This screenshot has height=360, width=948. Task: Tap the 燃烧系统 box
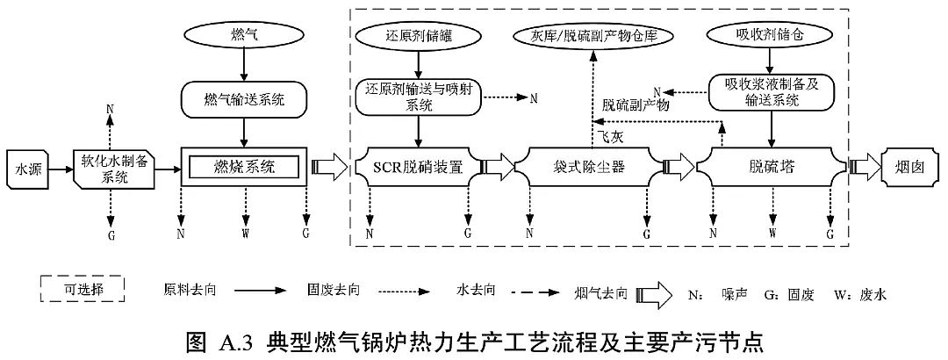point(244,166)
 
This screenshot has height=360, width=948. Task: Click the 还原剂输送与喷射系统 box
point(419,97)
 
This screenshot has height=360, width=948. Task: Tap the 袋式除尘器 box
point(589,166)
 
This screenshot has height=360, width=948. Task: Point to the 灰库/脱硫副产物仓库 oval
point(593,38)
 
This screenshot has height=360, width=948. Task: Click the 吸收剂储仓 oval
point(770,38)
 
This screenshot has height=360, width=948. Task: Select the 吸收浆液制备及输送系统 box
point(770,92)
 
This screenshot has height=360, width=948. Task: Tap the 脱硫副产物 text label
point(636,104)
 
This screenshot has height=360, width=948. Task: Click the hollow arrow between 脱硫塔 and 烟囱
point(865,166)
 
